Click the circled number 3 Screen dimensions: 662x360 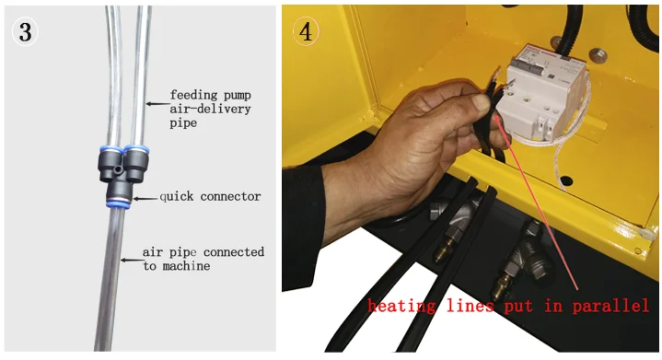coord(25,31)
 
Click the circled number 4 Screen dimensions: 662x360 coord(306,31)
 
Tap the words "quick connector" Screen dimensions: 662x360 coord(210,197)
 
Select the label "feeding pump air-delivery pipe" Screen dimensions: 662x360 coord(210,109)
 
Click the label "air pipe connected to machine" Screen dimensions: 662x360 coord(203,259)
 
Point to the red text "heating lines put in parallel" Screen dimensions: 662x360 coord(508,305)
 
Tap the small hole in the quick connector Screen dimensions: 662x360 coord(119,169)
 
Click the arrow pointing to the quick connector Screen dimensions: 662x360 coord(145,198)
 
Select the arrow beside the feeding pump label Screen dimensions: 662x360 coord(157,103)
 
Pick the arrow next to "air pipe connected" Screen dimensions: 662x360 coord(132,260)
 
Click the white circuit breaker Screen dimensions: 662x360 coord(544,97)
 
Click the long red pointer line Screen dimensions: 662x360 coord(537,203)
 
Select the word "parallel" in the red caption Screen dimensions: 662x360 coord(610,305)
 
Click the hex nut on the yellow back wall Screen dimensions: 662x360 coord(598,55)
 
